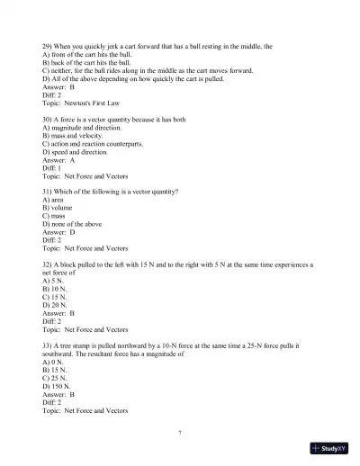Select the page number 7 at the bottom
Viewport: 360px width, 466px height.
pos(180,433)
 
